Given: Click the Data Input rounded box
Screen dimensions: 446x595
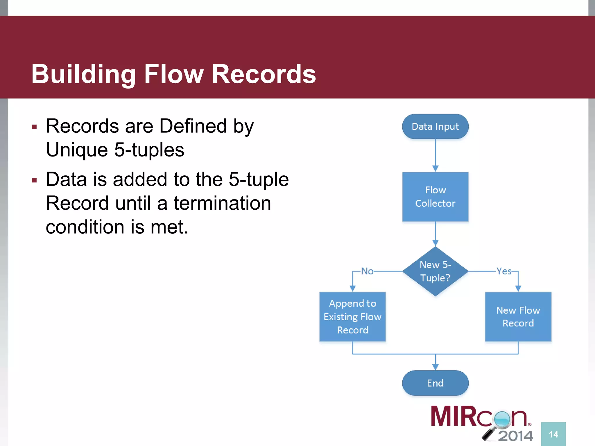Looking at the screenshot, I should pyautogui.click(x=435, y=127).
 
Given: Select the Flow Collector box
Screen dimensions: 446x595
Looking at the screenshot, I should pyautogui.click(x=435, y=197).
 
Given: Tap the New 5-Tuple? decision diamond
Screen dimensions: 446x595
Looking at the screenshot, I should pyautogui.click(x=435, y=271).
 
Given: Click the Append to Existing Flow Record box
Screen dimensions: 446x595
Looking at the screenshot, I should pyautogui.click(x=352, y=316).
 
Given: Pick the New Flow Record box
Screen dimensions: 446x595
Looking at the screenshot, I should pyautogui.click(x=518, y=316).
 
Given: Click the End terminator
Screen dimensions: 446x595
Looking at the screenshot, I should pyautogui.click(x=435, y=383).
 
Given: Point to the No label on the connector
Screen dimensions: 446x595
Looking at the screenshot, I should pyautogui.click(x=367, y=271).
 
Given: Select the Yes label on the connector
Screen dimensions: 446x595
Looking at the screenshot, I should pyautogui.click(x=504, y=271).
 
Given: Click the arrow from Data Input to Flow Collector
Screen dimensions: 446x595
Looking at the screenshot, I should pyautogui.click(x=435, y=155).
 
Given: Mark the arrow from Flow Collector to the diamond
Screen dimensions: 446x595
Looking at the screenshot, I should pyautogui.click(x=435, y=234).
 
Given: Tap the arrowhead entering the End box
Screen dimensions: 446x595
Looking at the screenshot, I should pyautogui.click(x=435, y=367).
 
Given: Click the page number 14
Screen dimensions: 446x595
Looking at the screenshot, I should pyautogui.click(x=553, y=434).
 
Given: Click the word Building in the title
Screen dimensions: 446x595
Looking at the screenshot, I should pyautogui.click(x=84, y=75).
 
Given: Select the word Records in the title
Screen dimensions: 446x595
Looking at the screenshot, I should pyautogui.click(x=264, y=75).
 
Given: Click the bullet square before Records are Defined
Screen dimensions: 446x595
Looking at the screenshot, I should pyautogui.click(x=35, y=127).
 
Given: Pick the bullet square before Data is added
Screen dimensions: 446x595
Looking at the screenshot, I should pyautogui.click(x=35, y=180).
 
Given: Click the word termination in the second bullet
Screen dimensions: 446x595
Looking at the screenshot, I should pyautogui.click(x=222, y=203).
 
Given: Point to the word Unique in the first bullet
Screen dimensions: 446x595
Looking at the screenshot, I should pyautogui.click(x=77, y=150).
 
